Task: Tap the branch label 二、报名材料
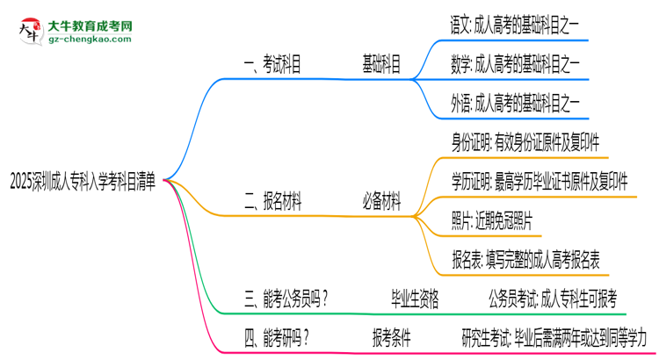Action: (273, 203)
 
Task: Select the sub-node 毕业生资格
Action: (415, 298)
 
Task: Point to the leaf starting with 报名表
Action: (525, 259)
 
